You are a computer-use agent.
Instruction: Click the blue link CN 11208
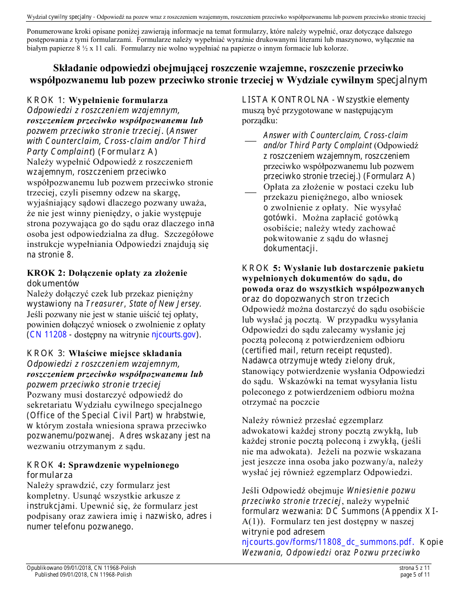pyautogui.click(x=48, y=335)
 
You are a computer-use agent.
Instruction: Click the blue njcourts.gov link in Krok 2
pyautogui.click(x=173, y=335)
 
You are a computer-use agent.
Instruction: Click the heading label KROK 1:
pyautogui.click(x=47, y=100)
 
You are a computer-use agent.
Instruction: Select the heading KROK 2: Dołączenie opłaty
pyautogui.click(x=107, y=273)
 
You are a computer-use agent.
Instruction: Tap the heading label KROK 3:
pyautogui.click(x=47, y=353)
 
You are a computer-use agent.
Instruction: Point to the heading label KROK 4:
pyautogui.click(x=47, y=465)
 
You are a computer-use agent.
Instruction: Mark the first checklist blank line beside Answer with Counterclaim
pyautogui.click(x=250, y=141)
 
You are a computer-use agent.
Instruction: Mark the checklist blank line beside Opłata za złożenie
pyautogui.click(x=250, y=193)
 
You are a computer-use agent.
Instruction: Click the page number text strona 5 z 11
pyautogui.click(x=415, y=568)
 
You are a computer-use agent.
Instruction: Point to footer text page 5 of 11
pyautogui.click(x=415, y=575)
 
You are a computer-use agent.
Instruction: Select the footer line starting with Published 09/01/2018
pyautogui.click(x=83, y=575)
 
